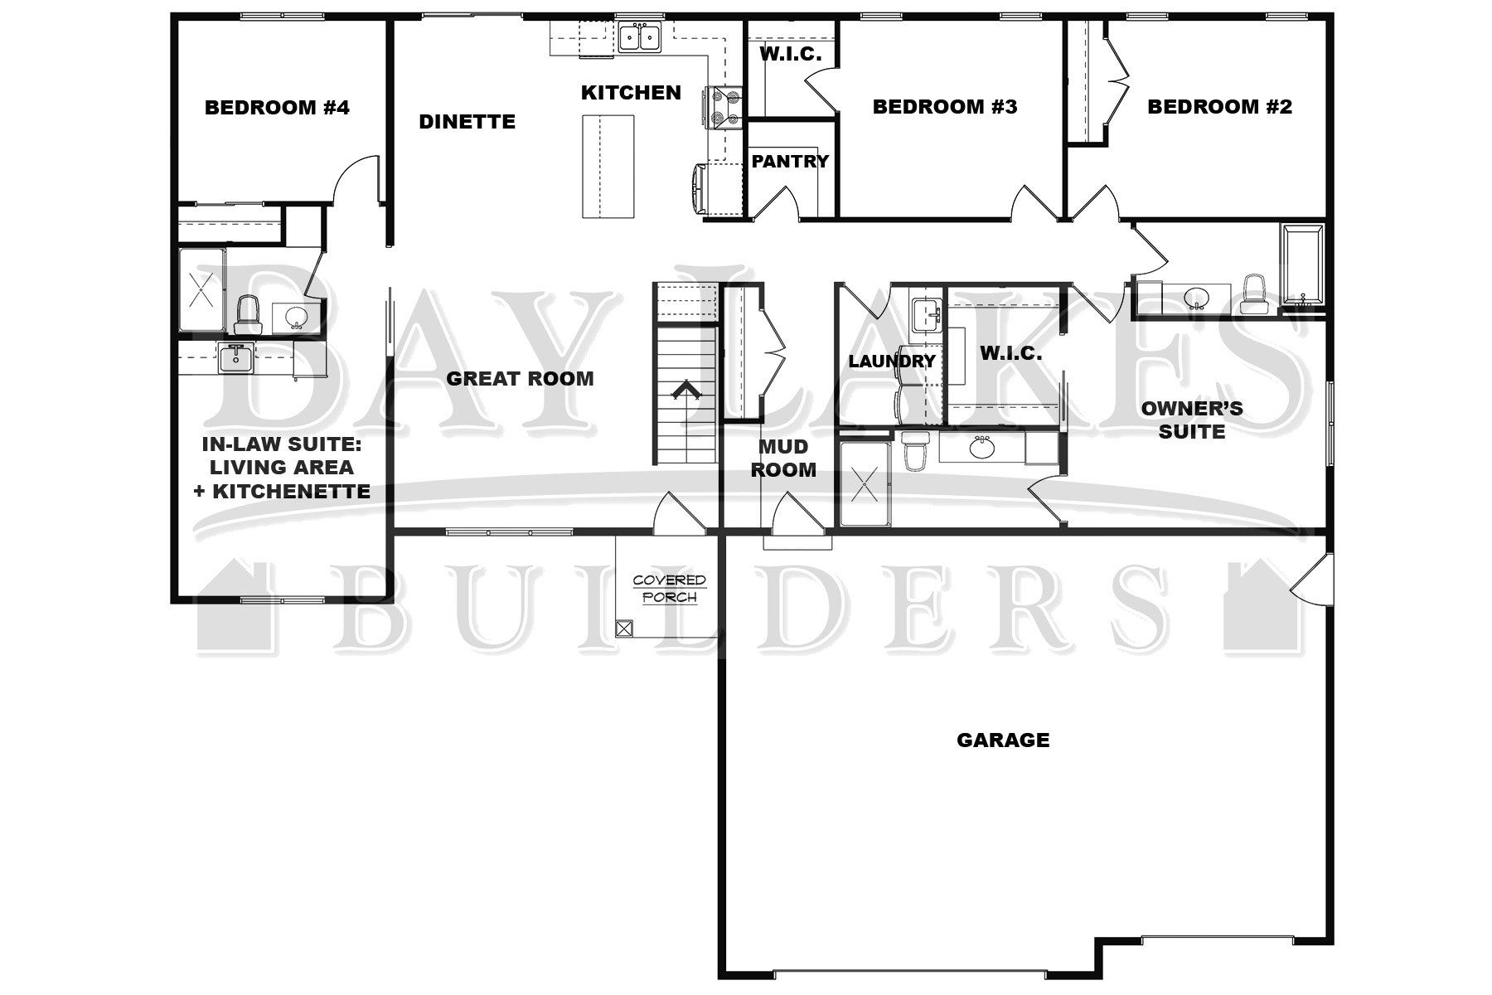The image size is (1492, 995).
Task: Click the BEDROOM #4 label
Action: coord(277,108)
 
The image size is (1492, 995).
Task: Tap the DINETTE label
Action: coord(467,122)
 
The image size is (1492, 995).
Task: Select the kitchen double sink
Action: coord(639,38)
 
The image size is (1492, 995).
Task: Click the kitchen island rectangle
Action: coord(608,167)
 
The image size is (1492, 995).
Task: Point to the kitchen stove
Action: coord(723,109)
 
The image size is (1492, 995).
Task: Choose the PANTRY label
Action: coord(790,162)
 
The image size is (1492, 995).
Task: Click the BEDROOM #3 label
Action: coord(945,107)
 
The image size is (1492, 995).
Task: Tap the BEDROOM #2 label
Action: coord(1219,107)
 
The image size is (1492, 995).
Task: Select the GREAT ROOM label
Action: coord(520,379)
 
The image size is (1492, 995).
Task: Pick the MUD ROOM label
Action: coord(783,459)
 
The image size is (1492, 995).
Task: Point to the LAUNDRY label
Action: coord(892,362)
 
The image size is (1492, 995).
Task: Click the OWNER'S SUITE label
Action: coord(1192,420)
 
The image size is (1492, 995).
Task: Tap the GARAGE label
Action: coord(1003,740)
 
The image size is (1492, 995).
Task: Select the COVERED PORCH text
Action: coord(669,589)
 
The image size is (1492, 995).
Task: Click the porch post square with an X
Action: coord(624,628)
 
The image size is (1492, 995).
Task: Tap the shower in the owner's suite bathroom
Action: coord(865,483)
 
